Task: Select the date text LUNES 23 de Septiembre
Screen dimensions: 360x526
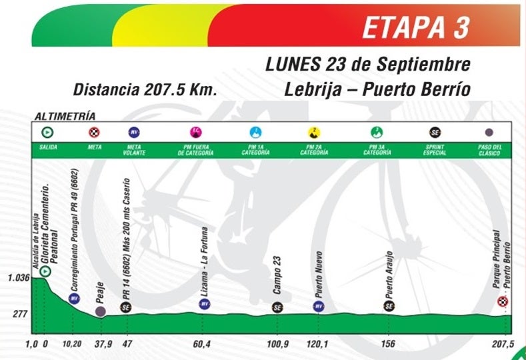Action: (x=368, y=65)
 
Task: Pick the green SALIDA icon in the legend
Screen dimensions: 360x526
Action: (x=46, y=132)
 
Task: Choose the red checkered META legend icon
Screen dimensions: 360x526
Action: (x=93, y=132)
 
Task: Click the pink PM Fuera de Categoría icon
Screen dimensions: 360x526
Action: (x=195, y=132)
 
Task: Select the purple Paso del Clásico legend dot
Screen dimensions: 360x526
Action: (x=489, y=132)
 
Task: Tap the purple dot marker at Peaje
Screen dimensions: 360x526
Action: (x=100, y=311)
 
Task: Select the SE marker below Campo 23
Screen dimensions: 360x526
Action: (x=277, y=307)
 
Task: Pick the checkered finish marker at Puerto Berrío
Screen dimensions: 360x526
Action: (x=503, y=303)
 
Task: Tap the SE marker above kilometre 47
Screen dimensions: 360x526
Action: (x=125, y=307)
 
